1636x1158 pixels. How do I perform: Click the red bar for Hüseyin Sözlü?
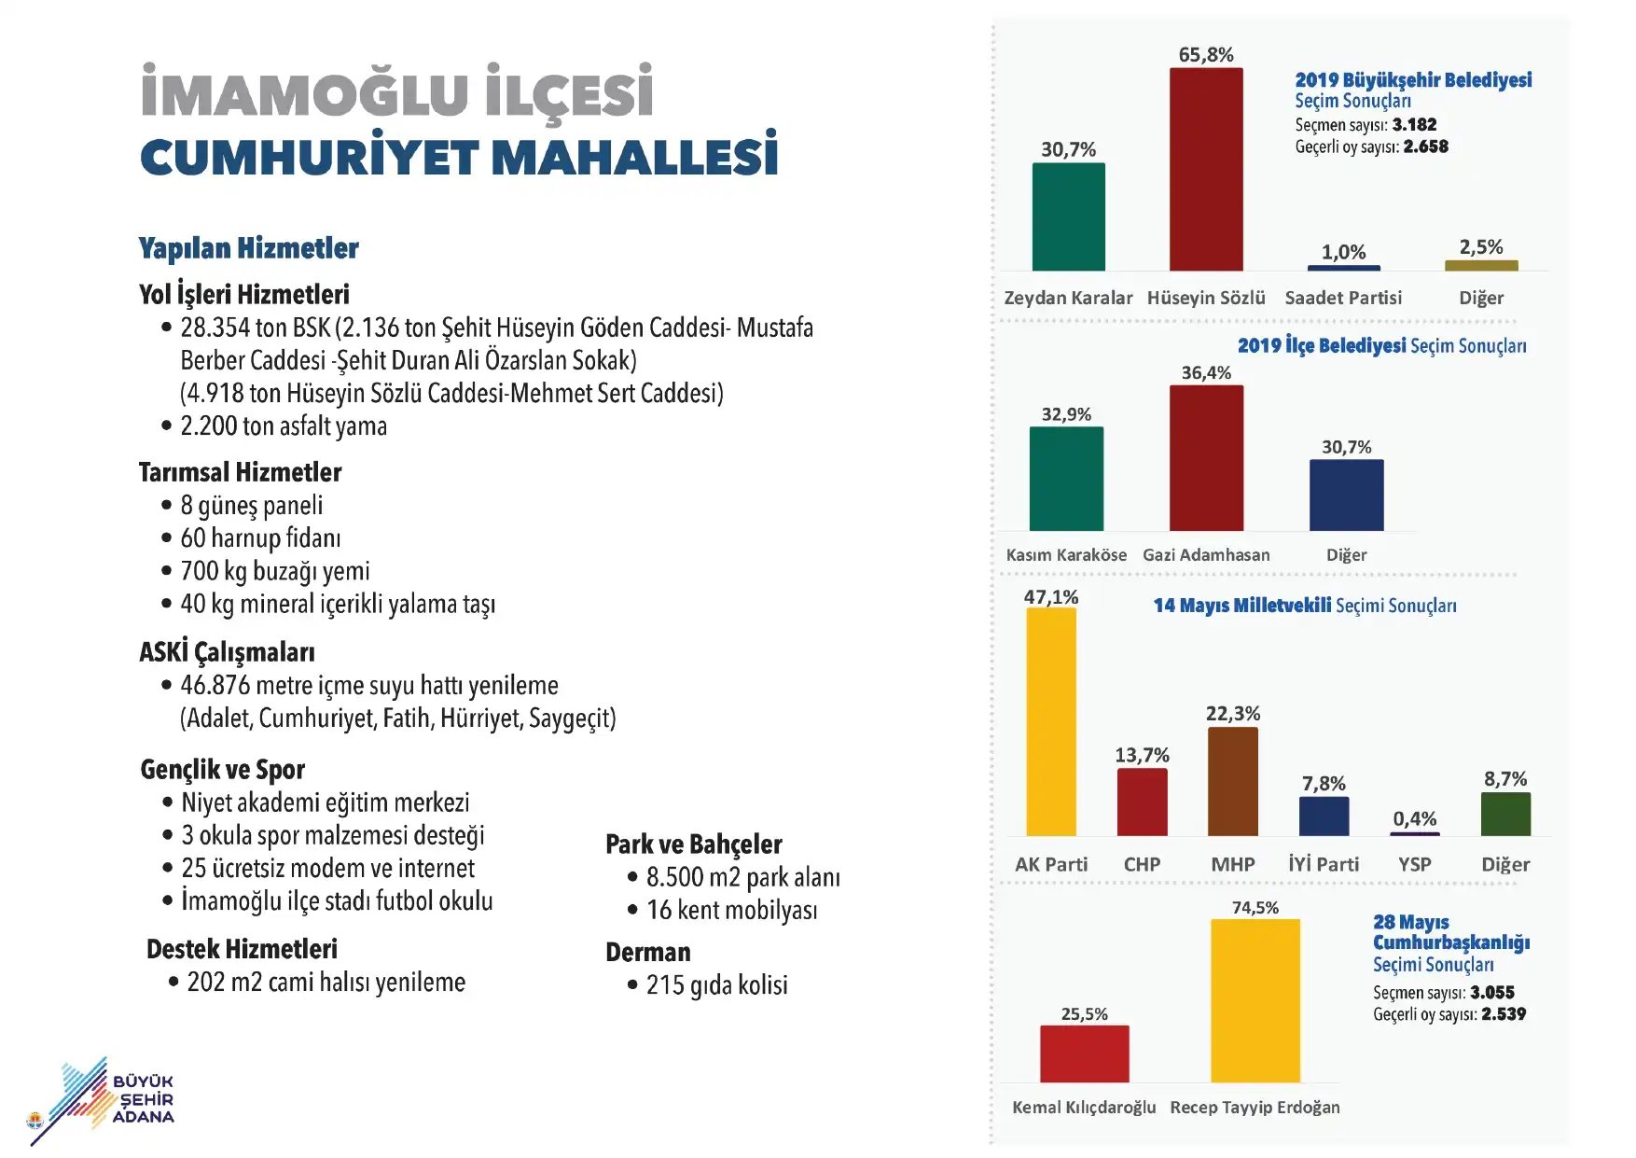tap(1206, 169)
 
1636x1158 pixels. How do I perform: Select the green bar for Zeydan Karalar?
tap(1068, 216)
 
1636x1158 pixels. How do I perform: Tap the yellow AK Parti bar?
tap(1051, 721)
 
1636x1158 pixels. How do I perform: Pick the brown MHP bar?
tap(1233, 781)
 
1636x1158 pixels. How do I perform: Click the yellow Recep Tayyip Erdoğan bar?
tap(1255, 1000)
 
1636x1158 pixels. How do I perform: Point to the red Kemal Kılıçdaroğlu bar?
tap(1085, 1053)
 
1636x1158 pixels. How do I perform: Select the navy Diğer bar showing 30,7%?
tap(1347, 495)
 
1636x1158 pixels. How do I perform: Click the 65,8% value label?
tap(1206, 55)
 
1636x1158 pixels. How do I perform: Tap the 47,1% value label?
tap(1051, 596)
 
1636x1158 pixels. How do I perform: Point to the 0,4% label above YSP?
tap(1415, 818)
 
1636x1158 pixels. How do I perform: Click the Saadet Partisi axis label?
tap(1343, 298)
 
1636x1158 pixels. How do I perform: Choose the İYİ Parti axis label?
tap(1324, 864)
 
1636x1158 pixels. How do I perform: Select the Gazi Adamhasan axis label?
tap(1206, 554)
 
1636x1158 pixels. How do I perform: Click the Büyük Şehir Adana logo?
tap(103, 1101)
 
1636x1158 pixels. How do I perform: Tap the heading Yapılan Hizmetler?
tap(248, 248)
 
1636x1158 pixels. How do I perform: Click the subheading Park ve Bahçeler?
tap(693, 844)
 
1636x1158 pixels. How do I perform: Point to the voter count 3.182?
tap(1414, 124)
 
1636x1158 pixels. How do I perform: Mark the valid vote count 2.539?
tap(1504, 1013)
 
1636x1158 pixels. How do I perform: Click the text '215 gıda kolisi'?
tap(716, 985)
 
